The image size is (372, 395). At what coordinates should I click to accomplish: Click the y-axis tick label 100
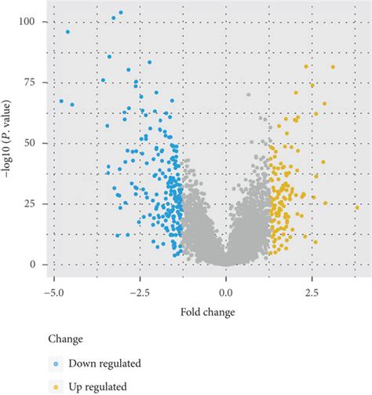pyautogui.click(x=27, y=22)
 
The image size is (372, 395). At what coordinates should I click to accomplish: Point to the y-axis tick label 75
pyautogui.click(x=30, y=82)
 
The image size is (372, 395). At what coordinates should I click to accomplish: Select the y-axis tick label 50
pyautogui.click(x=30, y=143)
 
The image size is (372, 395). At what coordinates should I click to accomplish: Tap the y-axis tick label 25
pyautogui.click(x=30, y=204)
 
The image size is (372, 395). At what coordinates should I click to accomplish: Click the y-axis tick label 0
pyautogui.click(x=32, y=265)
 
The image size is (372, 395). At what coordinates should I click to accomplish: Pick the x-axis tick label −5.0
pyautogui.click(x=53, y=292)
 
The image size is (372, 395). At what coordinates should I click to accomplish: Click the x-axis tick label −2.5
pyautogui.click(x=140, y=292)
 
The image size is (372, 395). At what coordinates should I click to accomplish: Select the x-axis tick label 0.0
pyautogui.click(x=226, y=292)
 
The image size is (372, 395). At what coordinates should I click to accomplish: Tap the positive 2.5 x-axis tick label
pyautogui.click(x=312, y=292)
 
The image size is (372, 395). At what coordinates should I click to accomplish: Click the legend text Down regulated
pyautogui.click(x=104, y=364)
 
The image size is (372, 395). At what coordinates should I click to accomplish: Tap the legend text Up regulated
pyautogui.click(x=98, y=387)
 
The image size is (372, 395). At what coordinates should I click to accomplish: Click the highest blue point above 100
pyautogui.click(x=120, y=13)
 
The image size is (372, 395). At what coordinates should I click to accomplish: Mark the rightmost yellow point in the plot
pyautogui.click(x=356, y=207)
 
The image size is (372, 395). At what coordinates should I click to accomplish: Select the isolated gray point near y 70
pyautogui.click(x=249, y=95)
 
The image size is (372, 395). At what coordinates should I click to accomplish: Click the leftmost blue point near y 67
pyautogui.click(x=61, y=101)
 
